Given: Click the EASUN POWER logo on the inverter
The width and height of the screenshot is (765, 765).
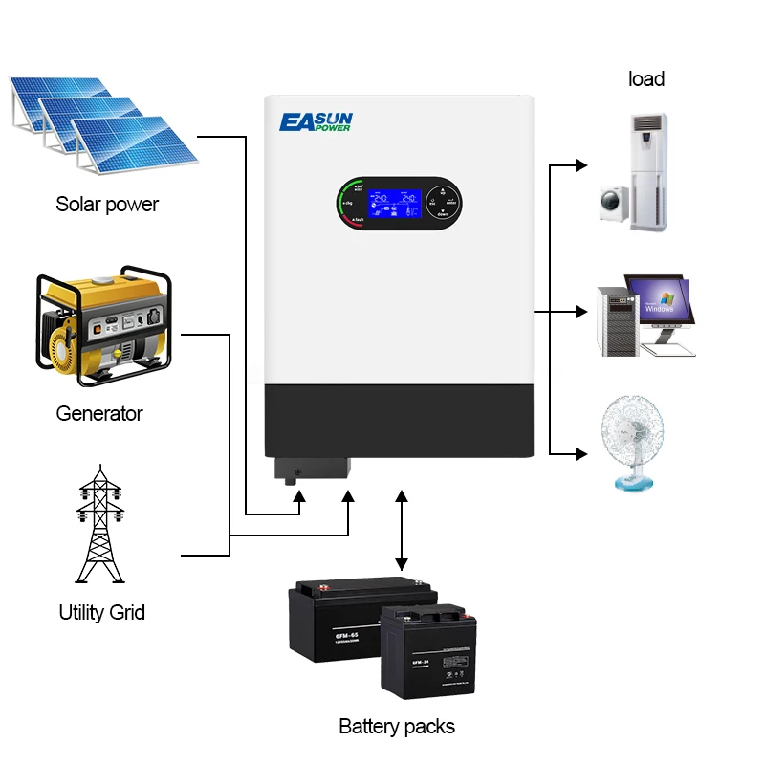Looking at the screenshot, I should [317, 122].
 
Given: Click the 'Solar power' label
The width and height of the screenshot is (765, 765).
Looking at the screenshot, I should [107, 204].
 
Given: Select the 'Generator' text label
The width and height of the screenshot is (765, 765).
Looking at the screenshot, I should [99, 413].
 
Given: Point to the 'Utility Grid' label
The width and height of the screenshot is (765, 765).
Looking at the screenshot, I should [102, 612].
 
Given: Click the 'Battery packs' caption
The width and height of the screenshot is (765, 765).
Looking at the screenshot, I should [397, 726].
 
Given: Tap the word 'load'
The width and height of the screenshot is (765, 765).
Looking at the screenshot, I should [646, 78].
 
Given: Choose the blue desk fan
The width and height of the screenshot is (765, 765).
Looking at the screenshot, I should [630, 445].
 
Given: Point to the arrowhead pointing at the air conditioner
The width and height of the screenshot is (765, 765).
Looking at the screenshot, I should [581, 165].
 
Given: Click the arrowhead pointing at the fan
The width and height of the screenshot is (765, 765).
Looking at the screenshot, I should [581, 452].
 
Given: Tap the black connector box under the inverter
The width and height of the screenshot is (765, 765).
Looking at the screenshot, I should [312, 469].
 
